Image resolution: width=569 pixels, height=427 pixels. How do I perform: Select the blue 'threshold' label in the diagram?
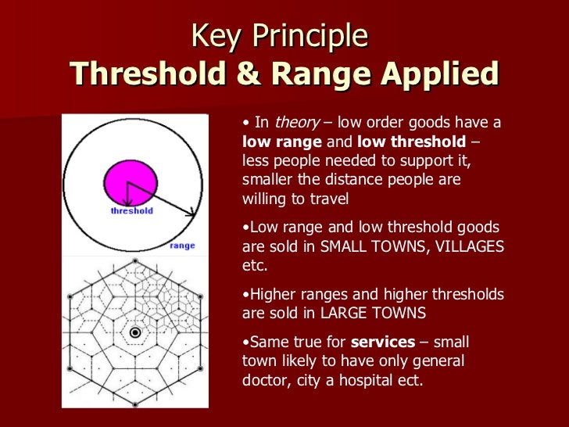(x=131, y=211)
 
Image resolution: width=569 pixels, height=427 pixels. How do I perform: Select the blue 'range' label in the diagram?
(x=181, y=246)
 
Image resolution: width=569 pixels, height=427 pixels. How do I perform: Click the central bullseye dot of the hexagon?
(x=135, y=333)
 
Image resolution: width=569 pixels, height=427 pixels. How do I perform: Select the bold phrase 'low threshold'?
(x=413, y=143)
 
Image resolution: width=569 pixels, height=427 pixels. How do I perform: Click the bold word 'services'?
(x=384, y=343)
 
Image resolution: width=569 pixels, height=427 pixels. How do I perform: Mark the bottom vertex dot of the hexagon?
(x=135, y=404)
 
